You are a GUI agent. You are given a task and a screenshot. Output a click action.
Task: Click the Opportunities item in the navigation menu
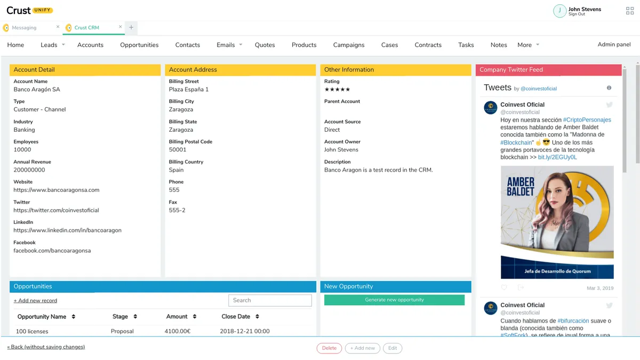click(x=139, y=45)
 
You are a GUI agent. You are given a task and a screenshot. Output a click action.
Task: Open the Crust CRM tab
click(x=86, y=28)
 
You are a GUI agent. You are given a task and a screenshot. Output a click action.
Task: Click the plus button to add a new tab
click(x=131, y=28)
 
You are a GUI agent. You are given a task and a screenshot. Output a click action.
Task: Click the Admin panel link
click(x=614, y=44)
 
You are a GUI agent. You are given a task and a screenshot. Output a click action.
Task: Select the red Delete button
click(x=329, y=348)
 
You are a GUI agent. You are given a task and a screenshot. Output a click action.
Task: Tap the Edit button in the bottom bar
click(x=393, y=348)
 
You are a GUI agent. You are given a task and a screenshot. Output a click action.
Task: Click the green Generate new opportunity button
click(x=394, y=300)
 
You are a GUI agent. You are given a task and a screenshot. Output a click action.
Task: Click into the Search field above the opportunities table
click(x=270, y=300)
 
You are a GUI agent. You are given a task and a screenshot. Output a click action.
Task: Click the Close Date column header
click(x=236, y=316)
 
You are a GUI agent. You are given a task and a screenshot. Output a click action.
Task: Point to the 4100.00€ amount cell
click(x=178, y=331)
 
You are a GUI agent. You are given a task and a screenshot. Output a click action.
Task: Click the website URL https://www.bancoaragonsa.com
click(x=57, y=190)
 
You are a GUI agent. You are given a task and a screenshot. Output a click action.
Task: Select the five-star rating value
click(x=337, y=90)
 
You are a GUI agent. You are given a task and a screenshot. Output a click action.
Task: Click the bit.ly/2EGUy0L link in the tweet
click(x=557, y=157)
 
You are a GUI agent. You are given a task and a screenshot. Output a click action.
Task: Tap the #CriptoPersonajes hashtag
click(x=587, y=120)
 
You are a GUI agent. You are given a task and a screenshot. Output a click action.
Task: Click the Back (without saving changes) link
click(x=46, y=347)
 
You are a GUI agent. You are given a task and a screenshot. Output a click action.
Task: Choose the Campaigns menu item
click(x=349, y=45)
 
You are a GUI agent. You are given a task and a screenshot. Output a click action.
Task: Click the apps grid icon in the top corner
click(x=630, y=11)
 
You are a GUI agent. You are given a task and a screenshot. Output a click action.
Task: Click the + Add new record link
click(x=35, y=301)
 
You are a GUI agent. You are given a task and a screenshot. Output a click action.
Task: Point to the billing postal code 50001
click(x=178, y=150)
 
